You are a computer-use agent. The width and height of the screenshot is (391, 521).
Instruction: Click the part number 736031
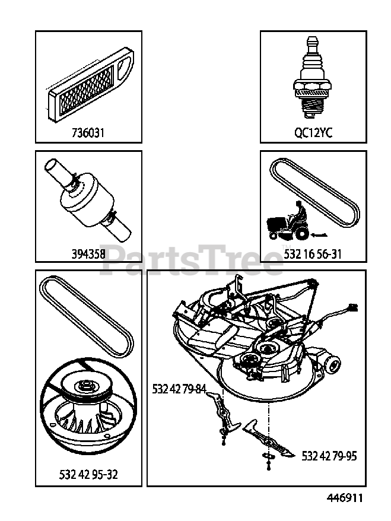[x=87, y=133]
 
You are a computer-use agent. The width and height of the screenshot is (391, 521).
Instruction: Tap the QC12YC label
[x=313, y=133]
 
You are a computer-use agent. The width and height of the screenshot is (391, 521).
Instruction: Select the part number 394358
[x=88, y=253]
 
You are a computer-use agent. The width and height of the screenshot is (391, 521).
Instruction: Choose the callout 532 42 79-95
[x=329, y=456]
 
